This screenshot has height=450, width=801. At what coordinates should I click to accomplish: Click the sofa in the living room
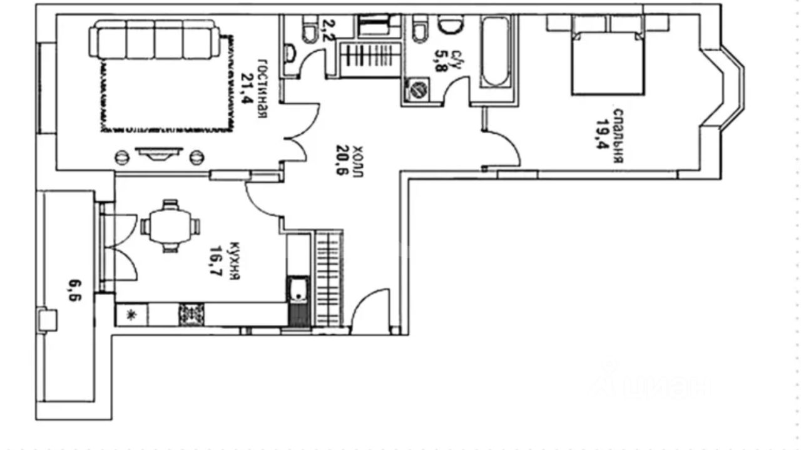tap(155, 39)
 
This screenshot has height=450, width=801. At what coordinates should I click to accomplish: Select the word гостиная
tap(262, 88)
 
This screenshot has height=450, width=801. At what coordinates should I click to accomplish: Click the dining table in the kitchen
tap(171, 226)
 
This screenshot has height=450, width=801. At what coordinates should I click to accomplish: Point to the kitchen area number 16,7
tap(216, 262)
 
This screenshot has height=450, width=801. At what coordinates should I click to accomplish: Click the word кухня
tap(234, 261)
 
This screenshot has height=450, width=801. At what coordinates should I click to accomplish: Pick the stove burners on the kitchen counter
tap(191, 315)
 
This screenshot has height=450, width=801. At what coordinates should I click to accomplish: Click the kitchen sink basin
tap(297, 289)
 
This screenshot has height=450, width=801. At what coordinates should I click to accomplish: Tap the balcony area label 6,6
tap(75, 291)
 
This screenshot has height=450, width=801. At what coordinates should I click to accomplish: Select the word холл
tap(357, 161)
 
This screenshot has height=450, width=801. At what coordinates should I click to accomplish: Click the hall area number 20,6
tap(342, 160)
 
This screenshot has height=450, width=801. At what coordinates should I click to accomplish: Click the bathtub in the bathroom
tap(495, 51)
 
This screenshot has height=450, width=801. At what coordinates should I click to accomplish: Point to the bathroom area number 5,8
tap(441, 61)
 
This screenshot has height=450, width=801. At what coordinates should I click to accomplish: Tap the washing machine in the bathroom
tap(417, 89)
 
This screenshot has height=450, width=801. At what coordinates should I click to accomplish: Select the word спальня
tap(618, 136)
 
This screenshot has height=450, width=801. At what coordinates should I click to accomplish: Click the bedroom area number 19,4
tap(602, 134)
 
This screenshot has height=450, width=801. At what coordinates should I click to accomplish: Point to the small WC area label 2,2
tap(329, 31)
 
